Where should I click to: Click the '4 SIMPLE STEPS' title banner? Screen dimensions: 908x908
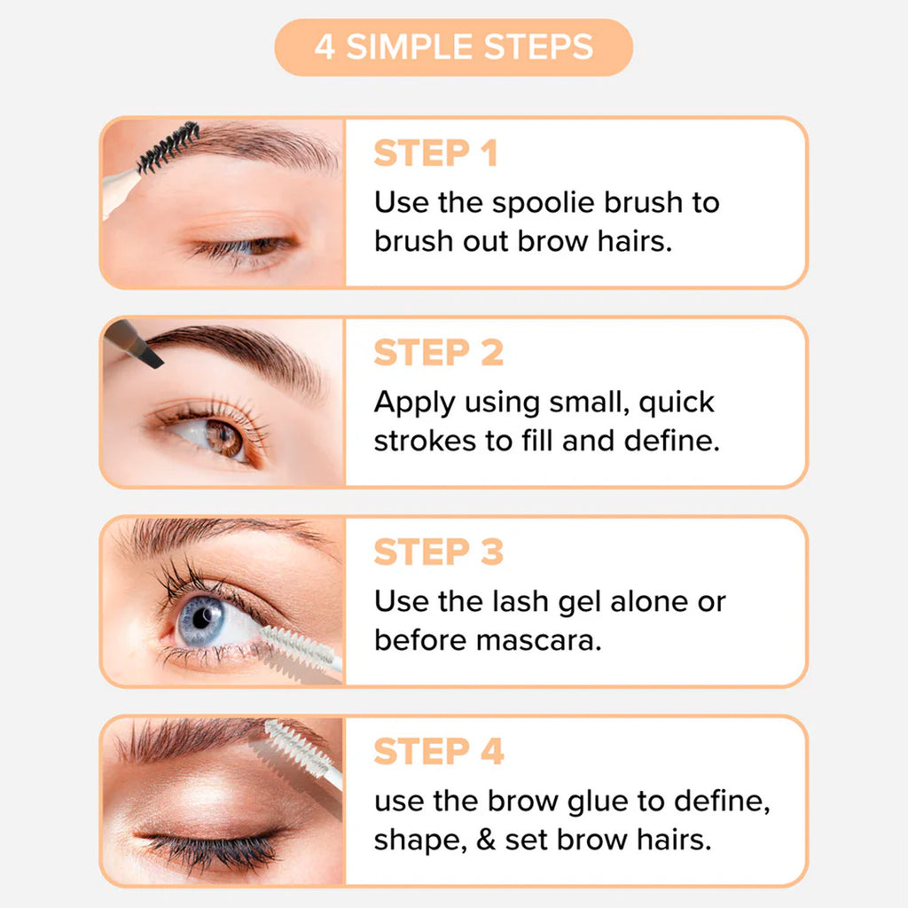point(453,47)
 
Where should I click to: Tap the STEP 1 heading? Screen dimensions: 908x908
point(435,153)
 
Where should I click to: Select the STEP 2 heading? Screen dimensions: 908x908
point(438,353)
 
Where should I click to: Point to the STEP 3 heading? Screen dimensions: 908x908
point(438,552)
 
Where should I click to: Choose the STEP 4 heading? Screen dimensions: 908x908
point(439,752)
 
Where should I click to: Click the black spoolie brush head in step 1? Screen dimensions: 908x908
point(168,147)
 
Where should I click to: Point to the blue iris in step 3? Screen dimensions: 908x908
point(200,621)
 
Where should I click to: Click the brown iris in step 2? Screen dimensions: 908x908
point(223,438)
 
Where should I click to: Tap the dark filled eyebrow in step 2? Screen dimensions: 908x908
point(240,353)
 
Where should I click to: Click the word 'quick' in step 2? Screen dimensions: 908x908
point(677,403)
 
